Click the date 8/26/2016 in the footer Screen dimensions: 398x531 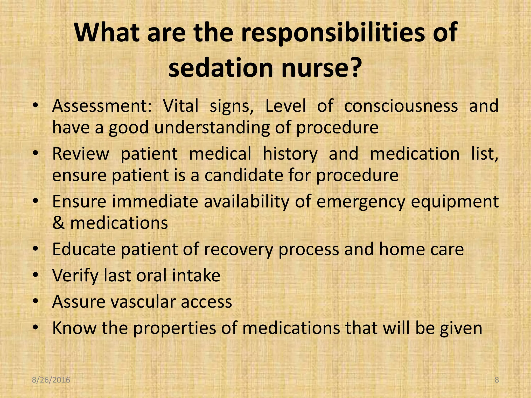tap(51, 380)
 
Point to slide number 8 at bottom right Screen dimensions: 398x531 tap(497, 380)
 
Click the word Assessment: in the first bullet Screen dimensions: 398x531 tap(102, 106)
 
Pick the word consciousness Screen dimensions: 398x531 tap(401, 106)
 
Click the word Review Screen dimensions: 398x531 tap(81, 154)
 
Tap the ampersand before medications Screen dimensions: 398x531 tap(58, 223)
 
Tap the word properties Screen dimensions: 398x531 tap(175, 328)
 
